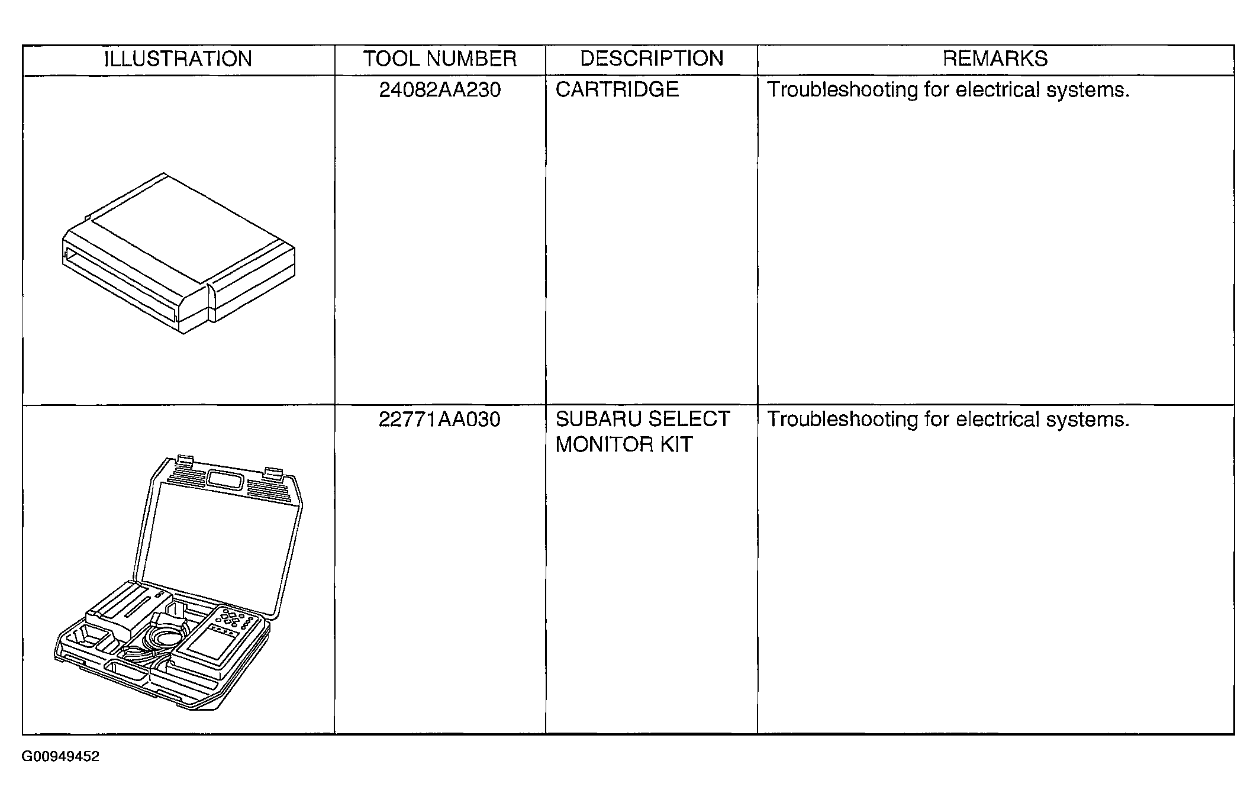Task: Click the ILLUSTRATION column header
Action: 178,59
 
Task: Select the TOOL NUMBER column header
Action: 440,59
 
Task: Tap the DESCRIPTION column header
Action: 652,59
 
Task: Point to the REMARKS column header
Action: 995,59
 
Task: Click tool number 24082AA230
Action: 440,90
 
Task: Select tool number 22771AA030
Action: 440,420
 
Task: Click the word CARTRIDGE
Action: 617,89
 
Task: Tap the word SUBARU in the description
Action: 597,419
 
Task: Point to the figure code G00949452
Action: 60,757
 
